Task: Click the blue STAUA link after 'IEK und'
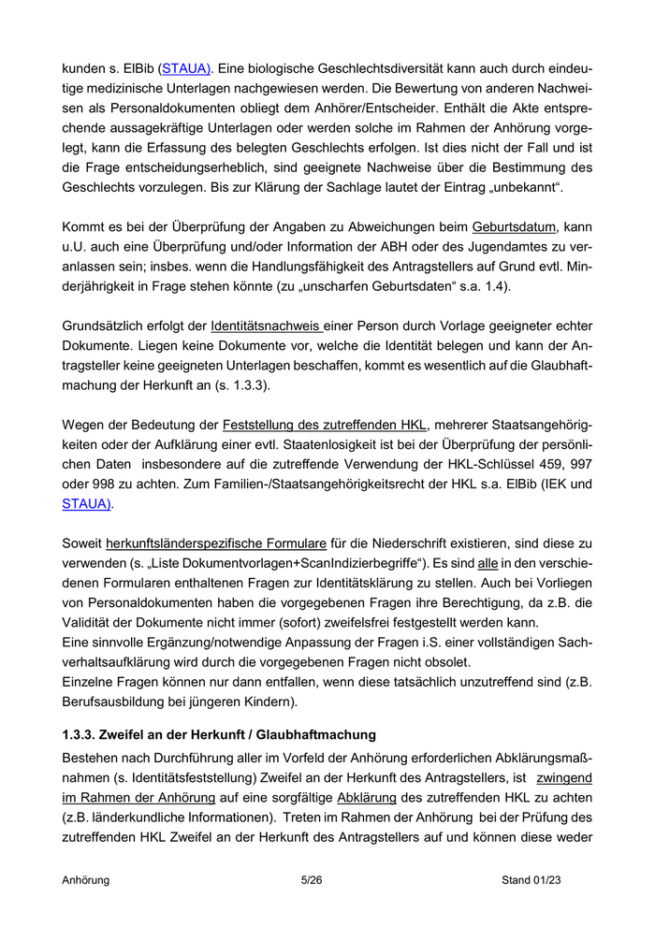(86, 503)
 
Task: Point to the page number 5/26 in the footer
(312, 880)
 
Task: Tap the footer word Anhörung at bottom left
(86, 880)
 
